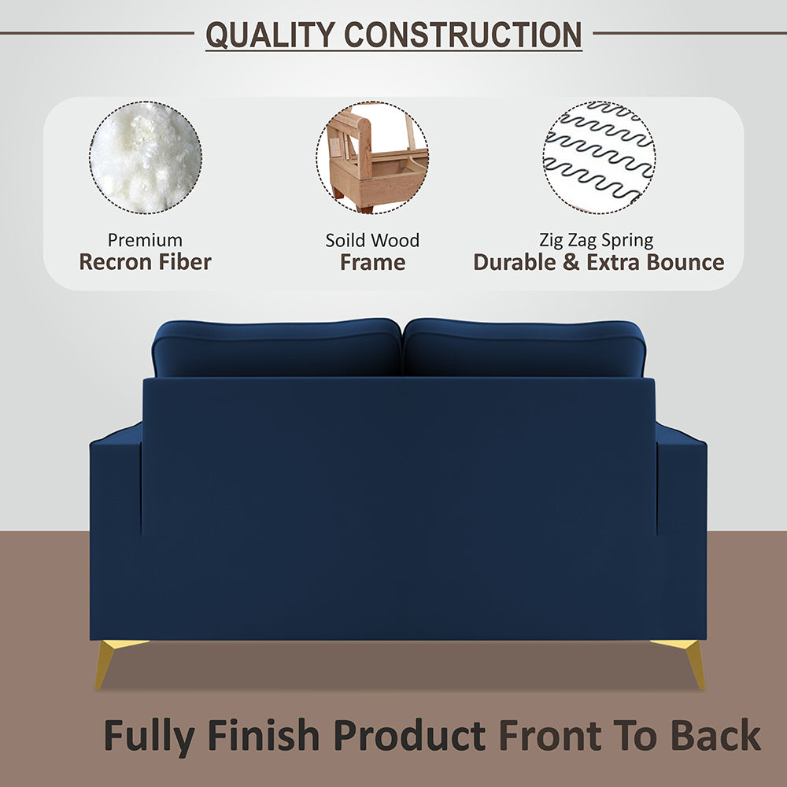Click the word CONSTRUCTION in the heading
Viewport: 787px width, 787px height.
464,35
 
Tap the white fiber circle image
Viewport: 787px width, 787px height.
146,157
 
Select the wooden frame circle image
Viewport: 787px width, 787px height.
372,157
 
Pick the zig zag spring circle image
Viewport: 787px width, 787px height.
599,157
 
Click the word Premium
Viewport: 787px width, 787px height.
145,240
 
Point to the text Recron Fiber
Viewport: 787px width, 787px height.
145,262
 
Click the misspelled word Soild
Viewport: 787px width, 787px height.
346,240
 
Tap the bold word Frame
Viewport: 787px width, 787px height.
372,262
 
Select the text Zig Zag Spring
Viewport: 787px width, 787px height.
597,240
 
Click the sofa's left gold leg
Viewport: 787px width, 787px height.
108,661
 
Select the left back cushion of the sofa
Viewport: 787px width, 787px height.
277,348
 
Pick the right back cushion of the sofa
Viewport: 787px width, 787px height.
523,348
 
